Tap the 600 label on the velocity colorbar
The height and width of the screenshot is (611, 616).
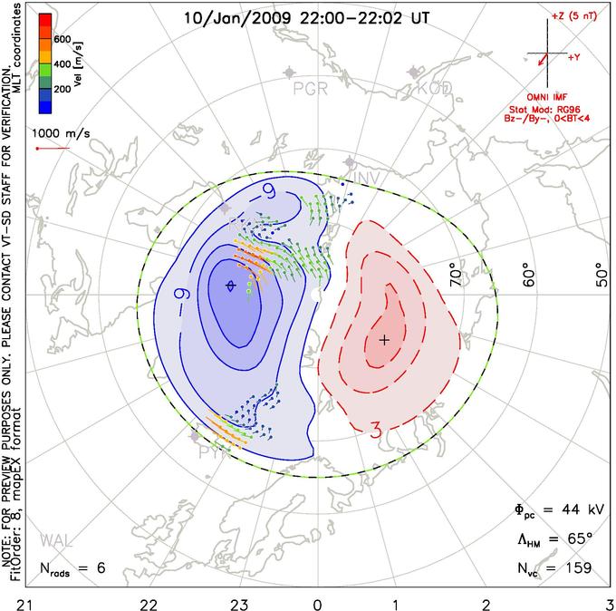pos(63,39)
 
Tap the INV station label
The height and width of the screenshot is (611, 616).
pos(363,176)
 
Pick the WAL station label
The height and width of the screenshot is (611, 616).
pos(54,542)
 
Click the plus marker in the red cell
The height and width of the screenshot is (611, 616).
pos(384,339)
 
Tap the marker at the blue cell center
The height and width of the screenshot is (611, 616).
pos(231,286)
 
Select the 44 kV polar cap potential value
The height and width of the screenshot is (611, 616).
pos(575,509)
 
